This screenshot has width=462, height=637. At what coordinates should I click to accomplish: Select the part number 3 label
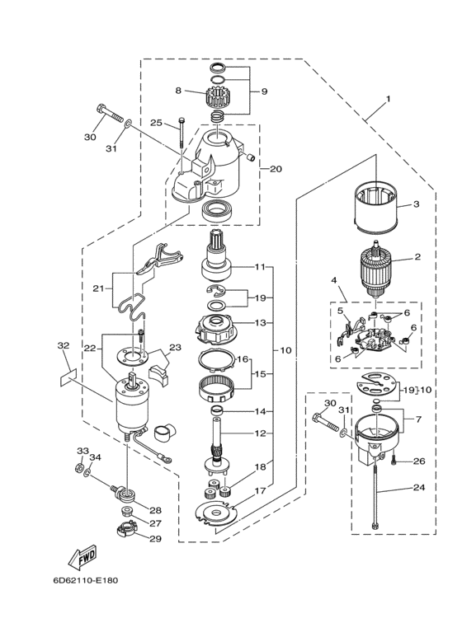416,204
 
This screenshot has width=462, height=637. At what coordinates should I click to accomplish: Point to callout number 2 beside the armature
417,257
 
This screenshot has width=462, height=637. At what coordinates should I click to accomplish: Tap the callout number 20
276,169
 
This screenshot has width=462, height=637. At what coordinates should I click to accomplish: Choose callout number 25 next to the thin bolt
156,123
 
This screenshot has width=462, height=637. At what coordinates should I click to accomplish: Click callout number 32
63,346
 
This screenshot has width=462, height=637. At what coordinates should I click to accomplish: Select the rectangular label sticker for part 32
68,374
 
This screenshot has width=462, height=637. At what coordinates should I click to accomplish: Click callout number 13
260,323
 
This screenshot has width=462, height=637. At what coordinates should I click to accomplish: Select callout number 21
98,288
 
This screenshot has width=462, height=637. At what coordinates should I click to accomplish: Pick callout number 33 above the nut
81,451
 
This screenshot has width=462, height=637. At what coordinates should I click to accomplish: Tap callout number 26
418,461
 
